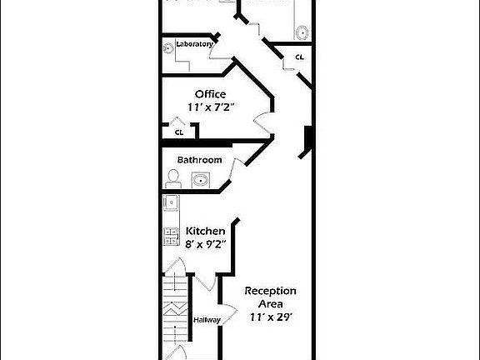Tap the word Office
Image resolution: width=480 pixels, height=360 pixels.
click(210, 94)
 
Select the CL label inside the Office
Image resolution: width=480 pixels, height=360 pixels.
click(178, 132)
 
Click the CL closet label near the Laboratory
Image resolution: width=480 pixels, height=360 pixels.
click(298, 57)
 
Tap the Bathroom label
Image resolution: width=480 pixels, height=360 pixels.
click(199, 160)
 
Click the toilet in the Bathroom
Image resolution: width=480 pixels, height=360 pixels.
click(173, 178)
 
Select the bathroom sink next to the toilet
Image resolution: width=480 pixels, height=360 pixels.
click(200, 179)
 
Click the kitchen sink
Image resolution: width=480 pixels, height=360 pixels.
click(170, 202)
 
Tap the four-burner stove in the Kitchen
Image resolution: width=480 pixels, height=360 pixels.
click(170, 236)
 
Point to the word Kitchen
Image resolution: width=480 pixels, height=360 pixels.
click(205, 231)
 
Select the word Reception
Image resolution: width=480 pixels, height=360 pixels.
click(270, 291)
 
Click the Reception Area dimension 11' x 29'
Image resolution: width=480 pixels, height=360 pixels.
click(270, 317)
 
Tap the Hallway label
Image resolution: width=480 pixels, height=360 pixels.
click(206, 319)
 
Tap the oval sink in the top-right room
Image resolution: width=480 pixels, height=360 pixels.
click(302, 32)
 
